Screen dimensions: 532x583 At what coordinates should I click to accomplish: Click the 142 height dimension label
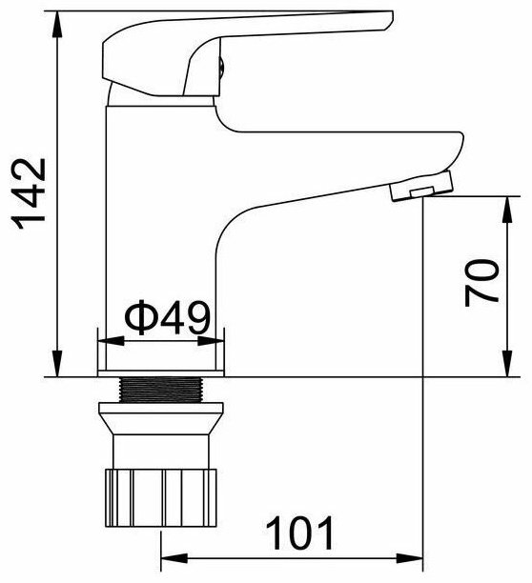point(30,194)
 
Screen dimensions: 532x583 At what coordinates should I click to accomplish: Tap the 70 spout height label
point(481,283)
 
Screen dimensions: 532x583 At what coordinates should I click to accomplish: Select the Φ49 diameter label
point(168,317)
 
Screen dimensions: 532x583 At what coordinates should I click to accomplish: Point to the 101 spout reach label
point(300,533)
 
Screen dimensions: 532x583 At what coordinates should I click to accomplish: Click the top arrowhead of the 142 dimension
point(57,24)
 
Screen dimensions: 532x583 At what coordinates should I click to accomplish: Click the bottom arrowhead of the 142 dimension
point(57,363)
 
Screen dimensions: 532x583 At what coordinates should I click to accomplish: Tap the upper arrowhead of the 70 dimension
point(507,210)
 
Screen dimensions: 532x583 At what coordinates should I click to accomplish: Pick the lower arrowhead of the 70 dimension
point(507,363)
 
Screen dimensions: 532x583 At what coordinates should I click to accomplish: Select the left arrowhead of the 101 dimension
point(174,558)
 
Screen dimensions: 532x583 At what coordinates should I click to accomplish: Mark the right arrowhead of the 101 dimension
point(410,558)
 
